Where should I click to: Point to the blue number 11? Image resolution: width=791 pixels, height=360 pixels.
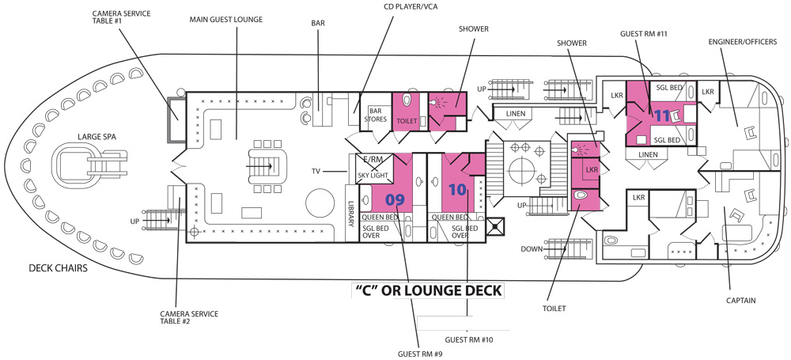[x=662, y=116]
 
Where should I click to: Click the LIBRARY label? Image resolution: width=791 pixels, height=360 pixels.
[x=352, y=214]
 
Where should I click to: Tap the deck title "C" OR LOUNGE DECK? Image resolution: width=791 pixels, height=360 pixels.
[x=427, y=290]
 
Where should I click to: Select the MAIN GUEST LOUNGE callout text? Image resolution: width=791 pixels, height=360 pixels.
[x=226, y=20]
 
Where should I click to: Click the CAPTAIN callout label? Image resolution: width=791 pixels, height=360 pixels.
[x=741, y=301]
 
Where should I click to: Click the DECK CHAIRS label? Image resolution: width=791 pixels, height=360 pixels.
[x=58, y=268]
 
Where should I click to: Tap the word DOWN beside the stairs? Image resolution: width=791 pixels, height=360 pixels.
[x=532, y=249]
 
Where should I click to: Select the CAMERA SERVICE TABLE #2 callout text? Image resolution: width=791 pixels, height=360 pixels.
[x=189, y=317]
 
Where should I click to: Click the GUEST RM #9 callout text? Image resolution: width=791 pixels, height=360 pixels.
[x=420, y=354]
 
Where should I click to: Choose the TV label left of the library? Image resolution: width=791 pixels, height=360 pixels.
[x=316, y=172]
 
